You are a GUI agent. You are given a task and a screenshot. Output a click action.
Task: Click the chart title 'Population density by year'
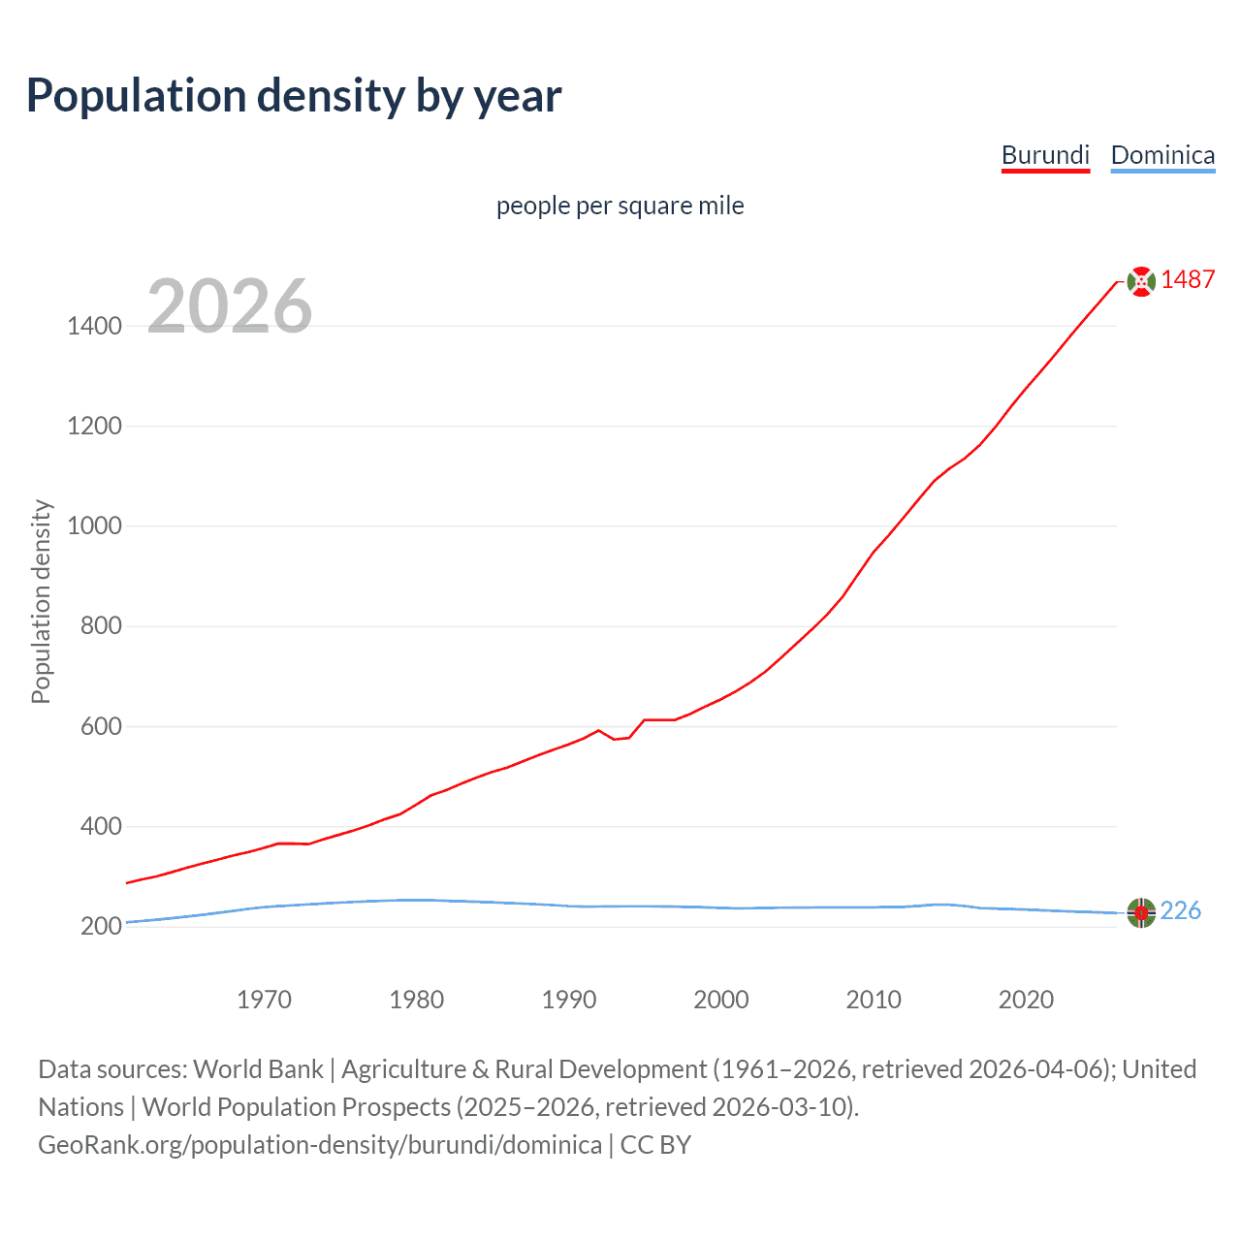294,95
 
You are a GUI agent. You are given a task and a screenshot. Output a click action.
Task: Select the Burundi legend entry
1045,155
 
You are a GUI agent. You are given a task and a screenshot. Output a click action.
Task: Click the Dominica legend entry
1162,155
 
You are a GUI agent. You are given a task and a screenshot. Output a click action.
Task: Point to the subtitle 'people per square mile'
620,206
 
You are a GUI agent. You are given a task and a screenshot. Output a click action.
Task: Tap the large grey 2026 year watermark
230,306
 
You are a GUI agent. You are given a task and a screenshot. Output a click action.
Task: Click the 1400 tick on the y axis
94,326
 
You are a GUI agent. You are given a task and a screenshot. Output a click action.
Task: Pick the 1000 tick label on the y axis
94,526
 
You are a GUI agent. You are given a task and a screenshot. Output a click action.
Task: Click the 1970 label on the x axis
265,1000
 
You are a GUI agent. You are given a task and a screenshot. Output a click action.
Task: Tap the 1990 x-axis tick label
569,1000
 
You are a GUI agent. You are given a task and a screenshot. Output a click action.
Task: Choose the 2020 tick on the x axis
1026,1000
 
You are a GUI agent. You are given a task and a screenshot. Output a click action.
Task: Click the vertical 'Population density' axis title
41,601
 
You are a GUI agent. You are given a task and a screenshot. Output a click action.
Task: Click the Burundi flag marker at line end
1141,281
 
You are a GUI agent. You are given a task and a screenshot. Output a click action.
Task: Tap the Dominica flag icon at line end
1141,912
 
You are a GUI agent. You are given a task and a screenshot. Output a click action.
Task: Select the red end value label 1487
1188,280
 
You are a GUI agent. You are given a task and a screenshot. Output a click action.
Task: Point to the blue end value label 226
1180,911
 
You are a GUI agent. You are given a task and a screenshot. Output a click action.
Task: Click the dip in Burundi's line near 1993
615,739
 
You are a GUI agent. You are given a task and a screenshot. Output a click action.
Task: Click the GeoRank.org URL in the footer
320,1145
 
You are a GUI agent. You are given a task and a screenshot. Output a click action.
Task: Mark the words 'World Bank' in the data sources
258,1069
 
